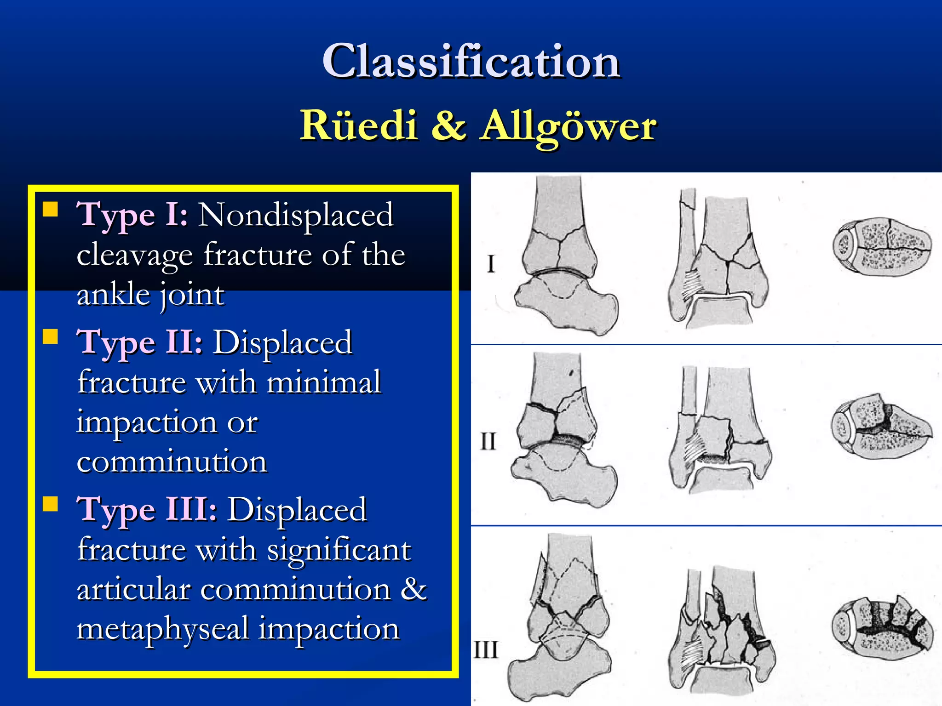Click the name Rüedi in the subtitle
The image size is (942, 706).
pos(359,125)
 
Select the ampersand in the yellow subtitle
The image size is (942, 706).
pos(448,125)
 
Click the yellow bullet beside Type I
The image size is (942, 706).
pos(51,210)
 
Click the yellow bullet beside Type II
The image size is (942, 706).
pos(51,337)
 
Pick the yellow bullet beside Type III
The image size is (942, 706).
pos(51,504)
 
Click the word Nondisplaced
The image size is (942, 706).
pos(296,215)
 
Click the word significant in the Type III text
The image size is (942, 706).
pos(339,550)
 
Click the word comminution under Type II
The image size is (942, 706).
pos(172,462)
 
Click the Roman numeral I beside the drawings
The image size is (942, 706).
pos(491,264)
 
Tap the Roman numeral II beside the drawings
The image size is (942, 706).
pos(488,442)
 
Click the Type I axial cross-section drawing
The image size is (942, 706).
pos(882,247)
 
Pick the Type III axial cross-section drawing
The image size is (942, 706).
pos(882,628)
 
